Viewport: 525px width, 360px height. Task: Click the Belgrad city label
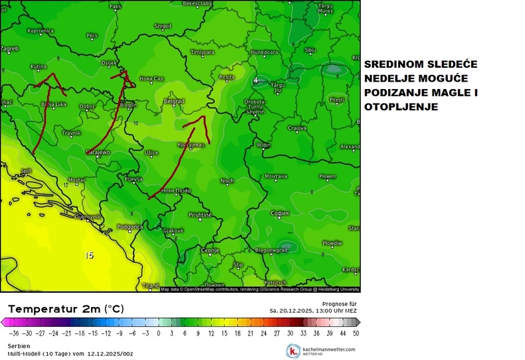(173, 101)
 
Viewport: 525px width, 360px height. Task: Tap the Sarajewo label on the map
(98, 152)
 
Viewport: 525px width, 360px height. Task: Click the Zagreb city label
(9, 48)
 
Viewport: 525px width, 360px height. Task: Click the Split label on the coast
(27, 171)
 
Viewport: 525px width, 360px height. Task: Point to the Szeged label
(163, 26)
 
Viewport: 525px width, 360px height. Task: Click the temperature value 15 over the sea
(90, 255)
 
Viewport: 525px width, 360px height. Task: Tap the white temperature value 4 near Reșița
(255, 80)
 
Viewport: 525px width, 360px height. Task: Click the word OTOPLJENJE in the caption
(400, 106)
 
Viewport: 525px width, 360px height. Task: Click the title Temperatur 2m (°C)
(65, 309)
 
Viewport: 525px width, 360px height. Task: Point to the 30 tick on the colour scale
(290, 333)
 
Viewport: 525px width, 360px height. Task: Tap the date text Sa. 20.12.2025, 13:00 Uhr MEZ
(313, 310)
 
